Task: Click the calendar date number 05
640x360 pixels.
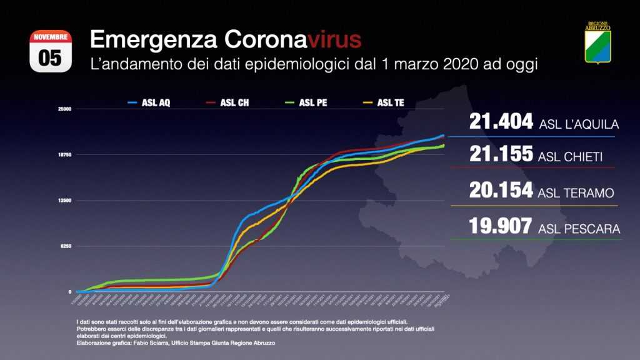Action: click(x=51, y=58)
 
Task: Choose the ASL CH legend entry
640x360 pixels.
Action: click(x=226, y=103)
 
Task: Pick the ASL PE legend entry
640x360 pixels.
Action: click(x=305, y=103)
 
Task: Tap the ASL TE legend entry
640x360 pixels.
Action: click(x=382, y=103)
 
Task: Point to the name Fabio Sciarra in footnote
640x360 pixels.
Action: click(x=142, y=343)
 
